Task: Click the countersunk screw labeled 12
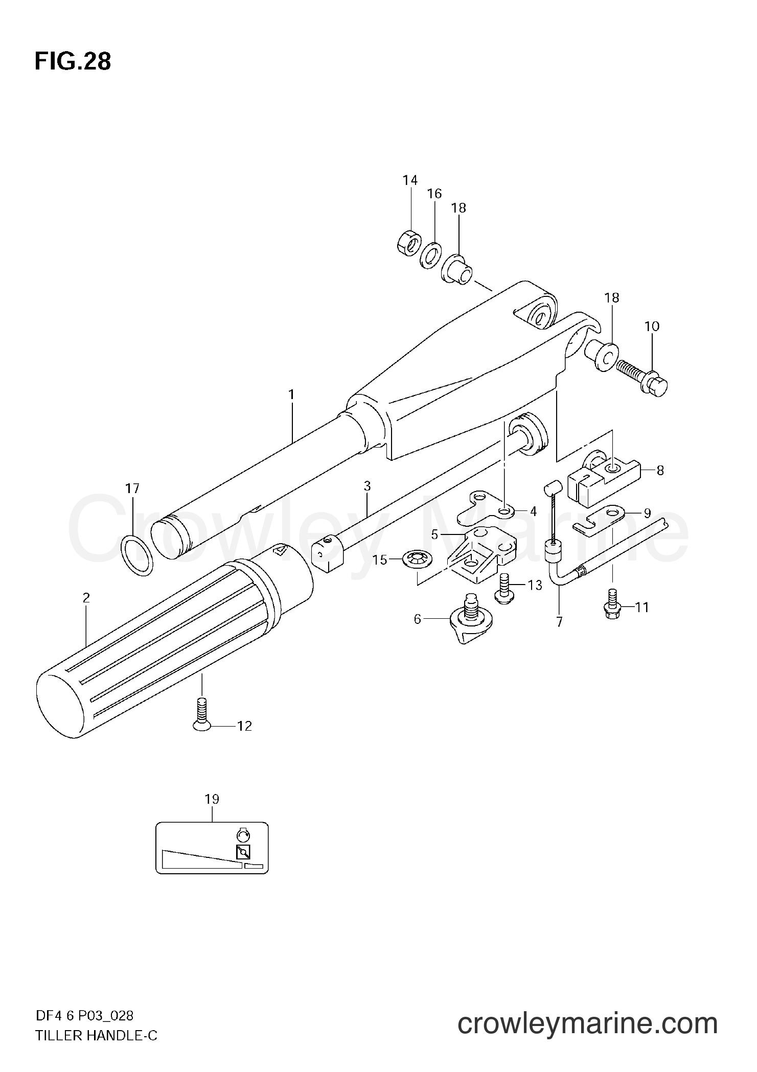coord(202,716)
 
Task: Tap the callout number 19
coord(212,800)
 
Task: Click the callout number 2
coord(86,597)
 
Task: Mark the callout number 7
coord(559,622)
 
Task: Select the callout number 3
coord(367,486)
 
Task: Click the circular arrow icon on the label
coord(243,835)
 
